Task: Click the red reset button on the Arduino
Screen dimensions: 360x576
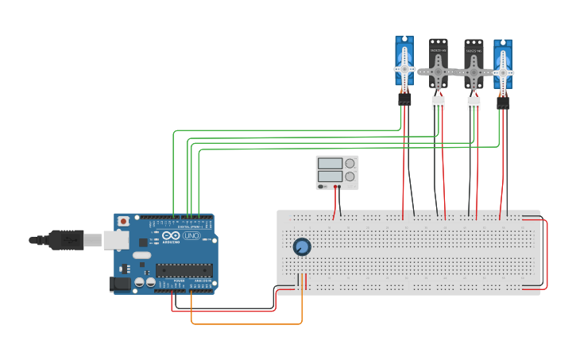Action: click(x=123, y=222)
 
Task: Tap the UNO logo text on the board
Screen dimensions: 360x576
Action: click(x=191, y=236)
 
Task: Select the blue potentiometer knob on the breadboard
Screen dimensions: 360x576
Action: click(x=302, y=246)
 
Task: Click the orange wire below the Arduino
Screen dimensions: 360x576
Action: click(x=246, y=323)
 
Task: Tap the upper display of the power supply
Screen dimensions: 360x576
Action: click(x=330, y=163)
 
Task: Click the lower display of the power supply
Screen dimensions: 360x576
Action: click(x=330, y=176)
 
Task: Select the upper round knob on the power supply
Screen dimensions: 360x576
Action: click(x=350, y=163)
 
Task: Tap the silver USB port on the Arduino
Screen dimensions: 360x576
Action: click(x=116, y=239)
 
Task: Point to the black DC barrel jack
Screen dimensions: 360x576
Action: click(x=119, y=283)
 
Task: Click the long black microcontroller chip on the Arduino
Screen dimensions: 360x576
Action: click(x=184, y=270)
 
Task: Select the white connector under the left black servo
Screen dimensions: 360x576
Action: click(x=438, y=103)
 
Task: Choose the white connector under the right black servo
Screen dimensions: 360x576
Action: click(x=474, y=103)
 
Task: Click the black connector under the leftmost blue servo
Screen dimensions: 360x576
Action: click(x=404, y=99)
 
